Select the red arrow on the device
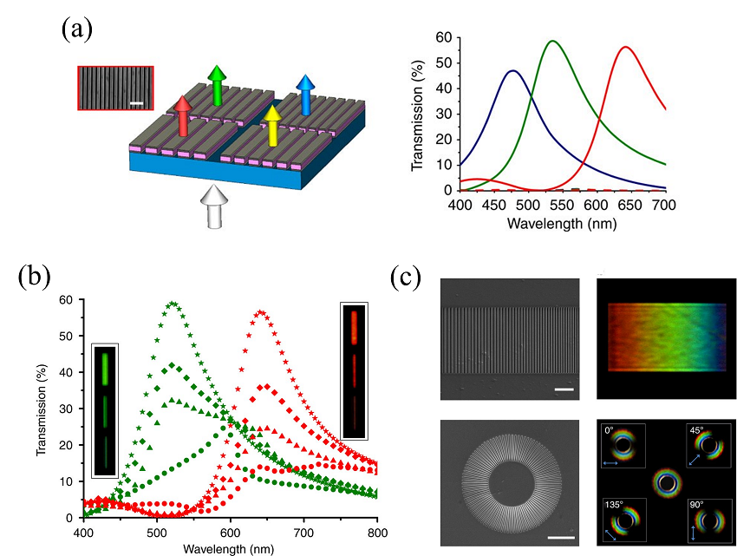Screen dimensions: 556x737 182,115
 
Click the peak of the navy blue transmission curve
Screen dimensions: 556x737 512,71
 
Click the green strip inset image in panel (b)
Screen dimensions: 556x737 105,409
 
